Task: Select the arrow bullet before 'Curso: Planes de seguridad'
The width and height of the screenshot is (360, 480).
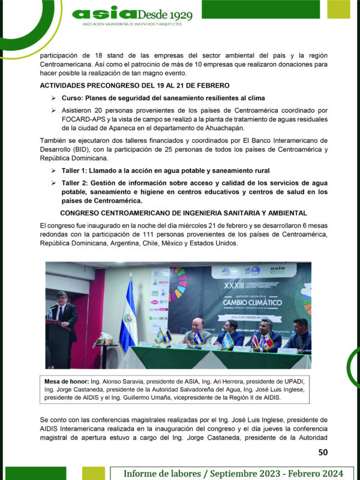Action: (x=53, y=98)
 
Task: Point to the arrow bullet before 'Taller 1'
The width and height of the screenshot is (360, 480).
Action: (x=53, y=171)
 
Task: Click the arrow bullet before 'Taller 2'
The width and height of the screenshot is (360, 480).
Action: (x=53, y=182)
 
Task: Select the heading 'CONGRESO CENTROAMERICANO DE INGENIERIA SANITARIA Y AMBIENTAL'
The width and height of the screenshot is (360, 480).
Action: (x=184, y=213)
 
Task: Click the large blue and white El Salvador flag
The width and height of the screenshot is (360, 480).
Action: (x=127, y=318)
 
